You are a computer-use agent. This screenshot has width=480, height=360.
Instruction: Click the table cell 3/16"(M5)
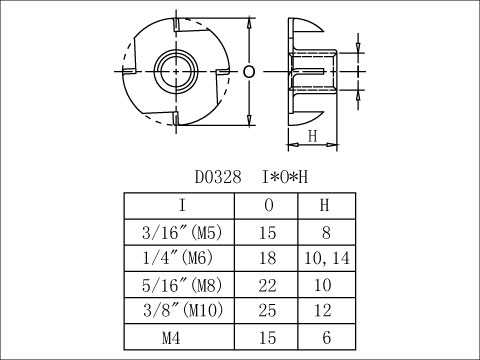(182, 232)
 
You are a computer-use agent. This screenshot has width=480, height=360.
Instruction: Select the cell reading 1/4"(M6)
(177, 258)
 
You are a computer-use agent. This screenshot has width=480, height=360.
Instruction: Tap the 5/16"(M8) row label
(182, 285)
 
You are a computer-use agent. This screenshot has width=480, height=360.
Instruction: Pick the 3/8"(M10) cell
(183, 310)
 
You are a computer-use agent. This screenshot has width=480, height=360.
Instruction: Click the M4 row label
(171, 338)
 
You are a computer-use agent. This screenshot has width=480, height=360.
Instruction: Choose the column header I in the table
(182, 205)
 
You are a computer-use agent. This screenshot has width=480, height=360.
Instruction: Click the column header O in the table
(269, 205)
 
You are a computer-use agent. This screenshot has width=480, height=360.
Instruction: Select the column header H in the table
(324, 205)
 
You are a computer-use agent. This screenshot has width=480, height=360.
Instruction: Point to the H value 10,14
(327, 258)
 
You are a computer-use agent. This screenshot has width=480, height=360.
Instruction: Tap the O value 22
(267, 285)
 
